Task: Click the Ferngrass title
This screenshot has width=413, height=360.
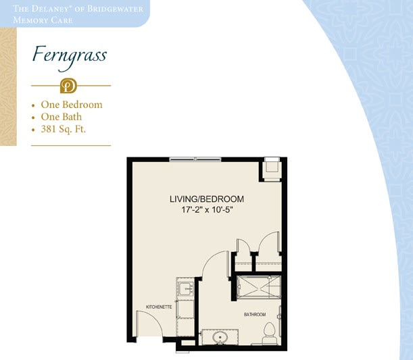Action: pyautogui.click(x=70, y=58)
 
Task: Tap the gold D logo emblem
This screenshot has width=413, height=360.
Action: pyautogui.click(x=68, y=86)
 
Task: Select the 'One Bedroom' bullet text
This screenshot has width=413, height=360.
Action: pyautogui.click(x=72, y=105)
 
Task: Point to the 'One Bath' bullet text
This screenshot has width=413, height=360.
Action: pyautogui.click(x=62, y=117)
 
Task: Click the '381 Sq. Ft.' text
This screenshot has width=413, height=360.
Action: pyautogui.click(x=64, y=129)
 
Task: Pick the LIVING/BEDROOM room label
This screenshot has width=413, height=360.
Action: pyautogui.click(x=207, y=199)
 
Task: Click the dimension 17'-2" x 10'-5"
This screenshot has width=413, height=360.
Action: pyautogui.click(x=208, y=210)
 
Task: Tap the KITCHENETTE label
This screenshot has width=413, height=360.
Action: pyautogui.click(x=159, y=307)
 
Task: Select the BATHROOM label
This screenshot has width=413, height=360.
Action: pyautogui.click(x=255, y=315)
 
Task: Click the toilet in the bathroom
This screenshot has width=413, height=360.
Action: pyautogui.click(x=270, y=333)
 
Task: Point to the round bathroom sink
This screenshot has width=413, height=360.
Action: pyautogui.click(x=220, y=337)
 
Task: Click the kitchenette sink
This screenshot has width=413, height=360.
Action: pyautogui.click(x=186, y=288)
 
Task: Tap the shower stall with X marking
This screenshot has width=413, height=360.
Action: pyautogui.click(x=259, y=287)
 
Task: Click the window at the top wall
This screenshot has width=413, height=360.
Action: pyautogui.click(x=195, y=159)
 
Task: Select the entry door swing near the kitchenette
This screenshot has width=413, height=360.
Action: pyautogui.click(x=149, y=323)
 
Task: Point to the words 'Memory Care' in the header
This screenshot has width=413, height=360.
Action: pyautogui.click(x=43, y=20)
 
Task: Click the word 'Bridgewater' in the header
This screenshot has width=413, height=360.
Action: pyautogui.click(x=116, y=9)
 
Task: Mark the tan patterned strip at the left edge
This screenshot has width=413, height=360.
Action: pyautogui.click(x=8, y=86)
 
